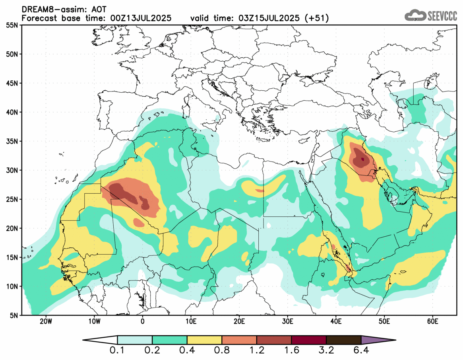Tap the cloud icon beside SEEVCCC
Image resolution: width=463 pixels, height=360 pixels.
[414, 16]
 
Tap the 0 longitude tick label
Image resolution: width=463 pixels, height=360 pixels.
[142, 321]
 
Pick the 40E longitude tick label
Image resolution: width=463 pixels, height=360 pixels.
[336, 321]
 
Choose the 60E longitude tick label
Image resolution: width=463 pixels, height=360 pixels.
[432, 321]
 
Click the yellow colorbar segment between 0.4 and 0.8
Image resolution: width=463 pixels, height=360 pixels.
[204, 340]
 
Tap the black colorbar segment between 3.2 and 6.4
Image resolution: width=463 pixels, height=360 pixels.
[343, 340]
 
